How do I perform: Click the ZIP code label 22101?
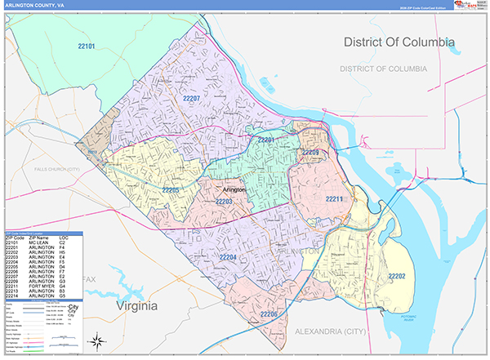87,47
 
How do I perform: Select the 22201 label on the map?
267,140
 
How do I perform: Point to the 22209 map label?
310,153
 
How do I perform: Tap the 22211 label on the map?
335,199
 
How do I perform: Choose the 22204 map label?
228,258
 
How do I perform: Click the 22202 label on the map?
396,277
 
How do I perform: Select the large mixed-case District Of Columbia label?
399,42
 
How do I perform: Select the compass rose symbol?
97,341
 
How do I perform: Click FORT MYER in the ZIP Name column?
38,286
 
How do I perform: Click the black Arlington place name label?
234,189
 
